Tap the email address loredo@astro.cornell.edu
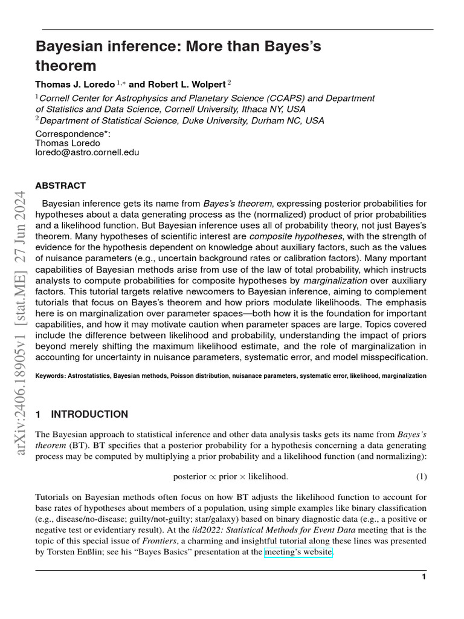click(x=87, y=153)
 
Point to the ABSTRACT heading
click(x=60, y=186)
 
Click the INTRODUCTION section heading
click(x=89, y=414)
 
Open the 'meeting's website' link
click(x=298, y=551)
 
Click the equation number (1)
click(x=422, y=476)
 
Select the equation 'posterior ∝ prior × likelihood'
click(x=230, y=476)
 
